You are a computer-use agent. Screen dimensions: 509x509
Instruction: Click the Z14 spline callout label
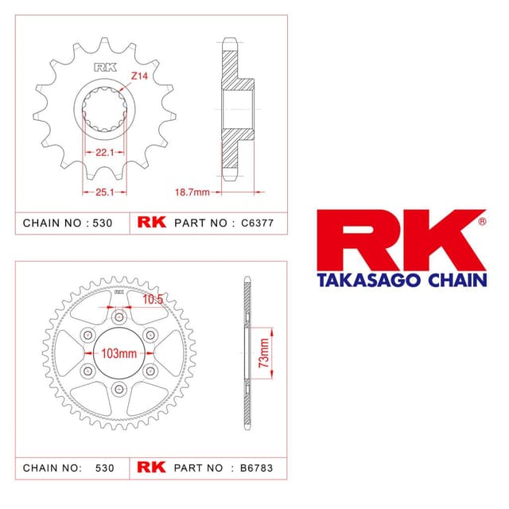pos(139,76)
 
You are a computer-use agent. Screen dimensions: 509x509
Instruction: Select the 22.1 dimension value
pos(104,152)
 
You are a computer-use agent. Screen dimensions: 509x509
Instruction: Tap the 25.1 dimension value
pos(104,192)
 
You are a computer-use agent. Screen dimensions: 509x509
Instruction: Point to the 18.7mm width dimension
pos(192,192)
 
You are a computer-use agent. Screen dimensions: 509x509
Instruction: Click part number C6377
pos(258,223)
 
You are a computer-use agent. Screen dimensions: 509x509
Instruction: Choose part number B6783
pos(256,468)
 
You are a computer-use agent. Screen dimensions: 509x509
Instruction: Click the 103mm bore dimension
pos(119,353)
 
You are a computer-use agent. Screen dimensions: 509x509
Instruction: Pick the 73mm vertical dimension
pos(264,353)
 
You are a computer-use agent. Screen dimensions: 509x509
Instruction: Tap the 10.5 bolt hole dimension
pos(153,299)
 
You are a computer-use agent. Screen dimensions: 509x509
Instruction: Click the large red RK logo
pos(401,240)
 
